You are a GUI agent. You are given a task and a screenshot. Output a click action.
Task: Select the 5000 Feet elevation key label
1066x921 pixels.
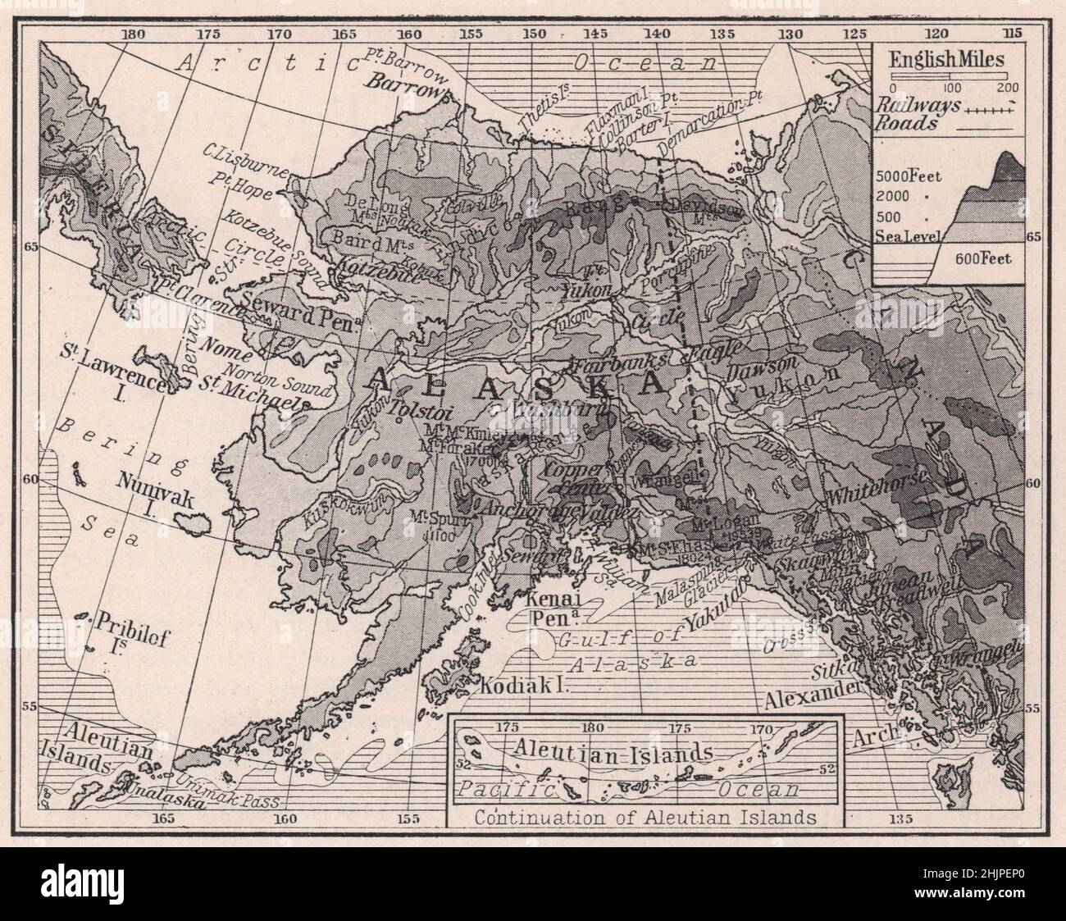(x=910, y=176)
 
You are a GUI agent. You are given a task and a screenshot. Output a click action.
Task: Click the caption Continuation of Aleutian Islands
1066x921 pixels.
(x=645, y=817)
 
